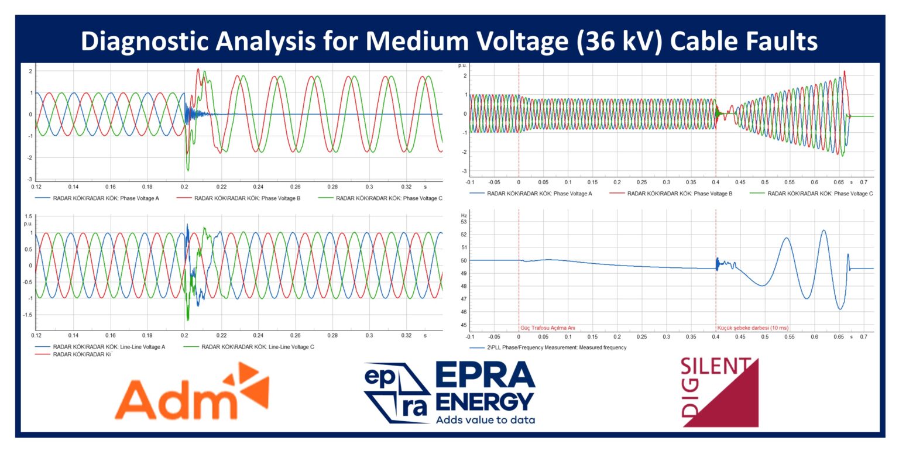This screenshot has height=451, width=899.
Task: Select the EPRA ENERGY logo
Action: pos(449,393)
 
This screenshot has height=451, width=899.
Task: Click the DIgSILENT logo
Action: pos(719,393)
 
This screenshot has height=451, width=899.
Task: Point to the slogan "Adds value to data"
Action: pos(485,419)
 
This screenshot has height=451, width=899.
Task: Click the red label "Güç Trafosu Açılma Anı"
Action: pos(548,328)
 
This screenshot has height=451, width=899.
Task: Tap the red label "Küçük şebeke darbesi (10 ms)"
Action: pos(757,328)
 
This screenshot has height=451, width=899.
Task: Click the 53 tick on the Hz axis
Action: pos(464,222)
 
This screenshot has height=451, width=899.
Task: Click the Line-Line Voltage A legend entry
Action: pos(109,347)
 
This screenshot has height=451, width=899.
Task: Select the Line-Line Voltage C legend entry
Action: pos(258,347)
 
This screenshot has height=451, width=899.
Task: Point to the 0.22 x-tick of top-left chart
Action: pos(221,187)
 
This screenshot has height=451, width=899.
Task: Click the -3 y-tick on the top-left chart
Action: pos(30,179)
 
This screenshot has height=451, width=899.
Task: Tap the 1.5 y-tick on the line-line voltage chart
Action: pos(28,216)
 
